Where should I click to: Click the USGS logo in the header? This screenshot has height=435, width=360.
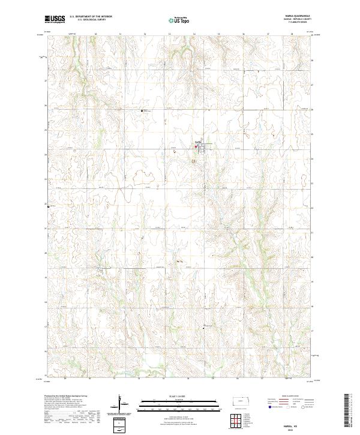pos(55,20)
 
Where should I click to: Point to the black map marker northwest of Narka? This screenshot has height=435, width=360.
pos(142,110)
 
